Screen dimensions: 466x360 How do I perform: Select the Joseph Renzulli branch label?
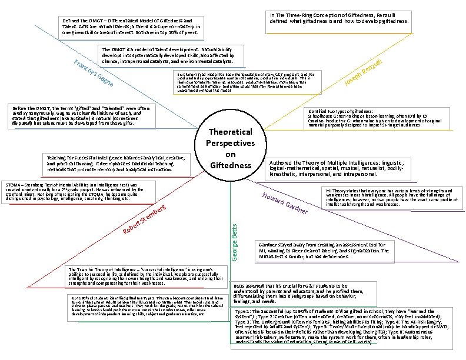click(x=364, y=78)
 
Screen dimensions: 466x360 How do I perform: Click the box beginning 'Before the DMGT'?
click(x=82, y=116)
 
